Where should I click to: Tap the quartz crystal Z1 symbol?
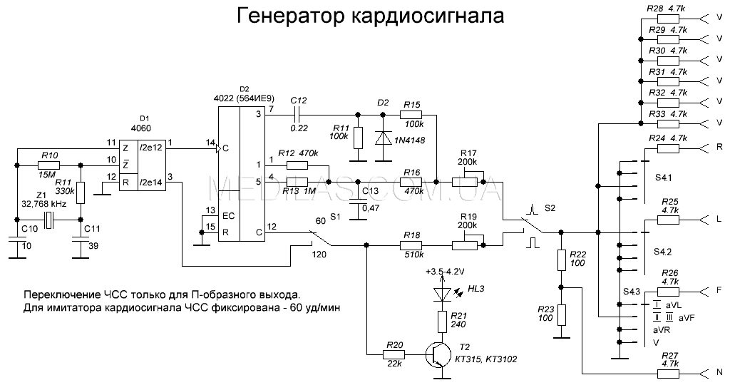click(x=47, y=220)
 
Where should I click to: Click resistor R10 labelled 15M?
click(x=49, y=165)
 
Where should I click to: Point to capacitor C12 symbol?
click(x=300, y=113)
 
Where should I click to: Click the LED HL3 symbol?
click(x=442, y=292)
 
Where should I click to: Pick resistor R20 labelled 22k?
click(x=394, y=354)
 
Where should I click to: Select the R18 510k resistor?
click(x=413, y=246)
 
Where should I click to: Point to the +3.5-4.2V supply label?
click(x=444, y=272)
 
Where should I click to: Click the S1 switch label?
click(x=335, y=214)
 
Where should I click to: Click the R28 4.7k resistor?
click(x=666, y=18)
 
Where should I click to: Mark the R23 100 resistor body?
click(x=562, y=314)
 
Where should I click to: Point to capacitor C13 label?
click(x=371, y=191)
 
